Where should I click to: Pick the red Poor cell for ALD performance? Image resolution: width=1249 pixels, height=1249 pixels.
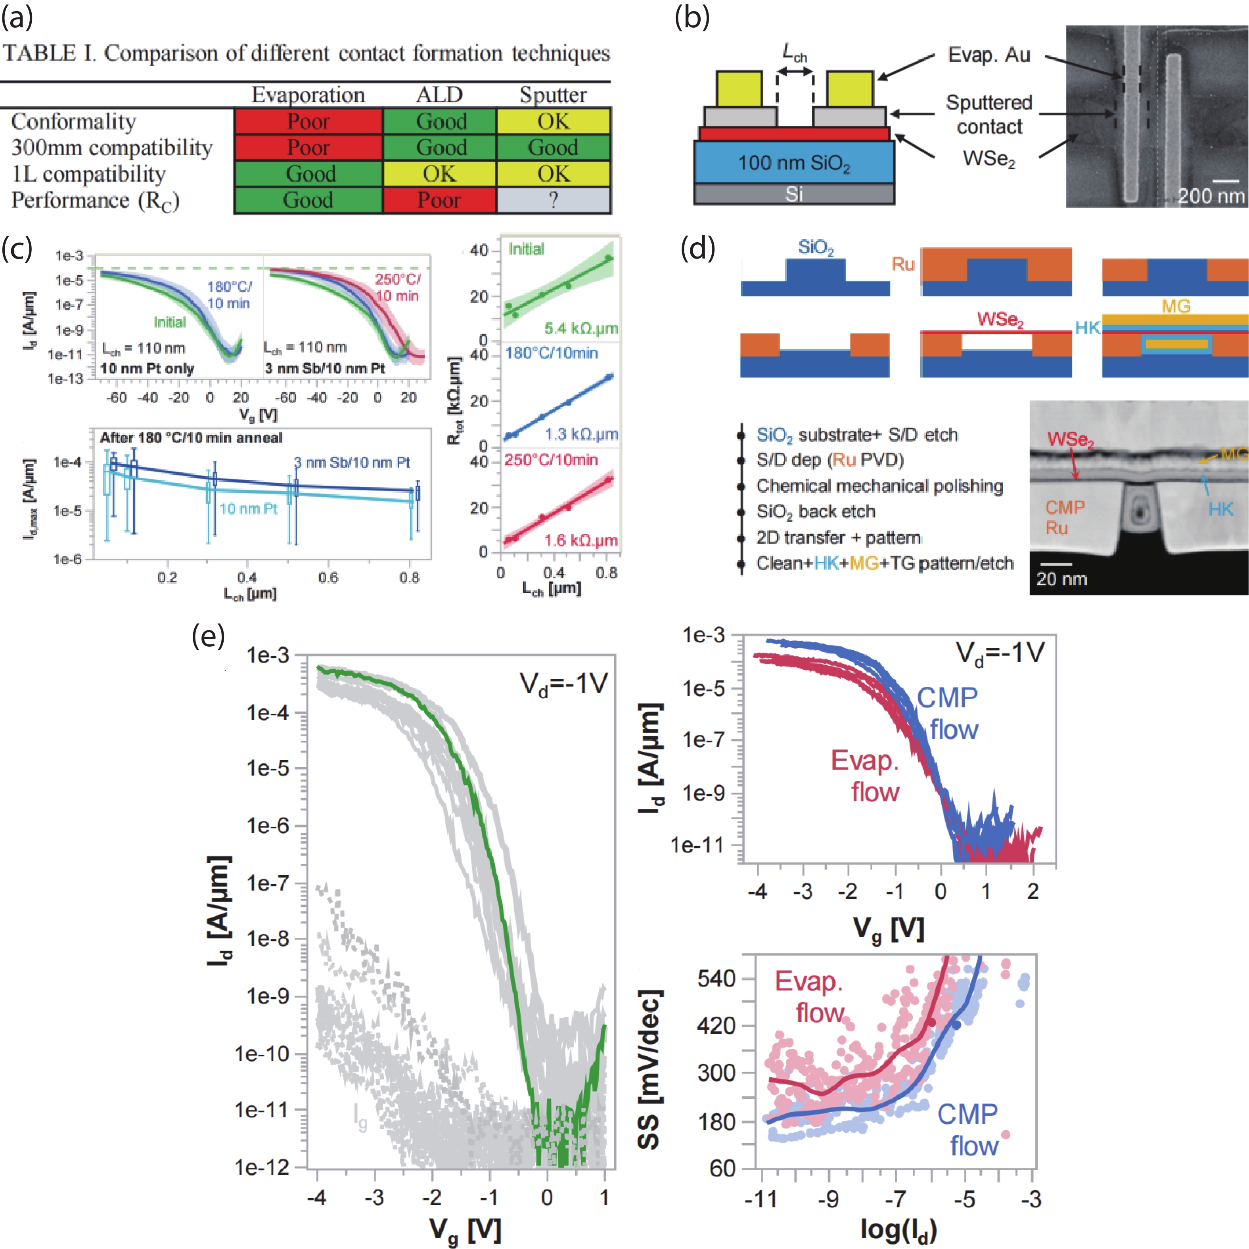pos(440,200)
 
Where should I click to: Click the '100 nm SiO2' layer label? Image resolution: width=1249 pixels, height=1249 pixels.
pos(794,163)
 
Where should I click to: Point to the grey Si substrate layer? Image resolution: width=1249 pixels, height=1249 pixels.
pos(794,194)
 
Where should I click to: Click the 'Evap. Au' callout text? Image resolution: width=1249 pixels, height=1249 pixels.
pos(989,55)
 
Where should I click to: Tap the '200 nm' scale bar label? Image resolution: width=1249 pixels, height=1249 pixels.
pos(1210,195)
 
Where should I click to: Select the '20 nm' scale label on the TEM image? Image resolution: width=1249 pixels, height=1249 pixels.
pos(1061,579)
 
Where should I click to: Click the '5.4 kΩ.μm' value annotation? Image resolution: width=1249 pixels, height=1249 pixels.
pos(580,328)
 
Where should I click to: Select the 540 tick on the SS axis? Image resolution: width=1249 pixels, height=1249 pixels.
pos(716,978)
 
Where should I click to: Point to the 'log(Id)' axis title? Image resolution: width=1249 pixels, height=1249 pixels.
pos(898,1229)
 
